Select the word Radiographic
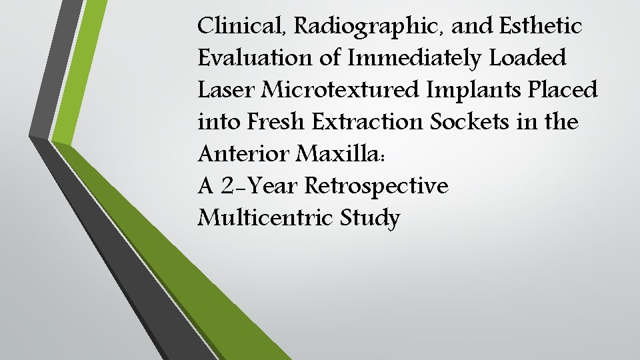point(357,27)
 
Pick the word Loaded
point(528,58)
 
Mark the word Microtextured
point(341,90)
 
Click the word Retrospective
point(377,186)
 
